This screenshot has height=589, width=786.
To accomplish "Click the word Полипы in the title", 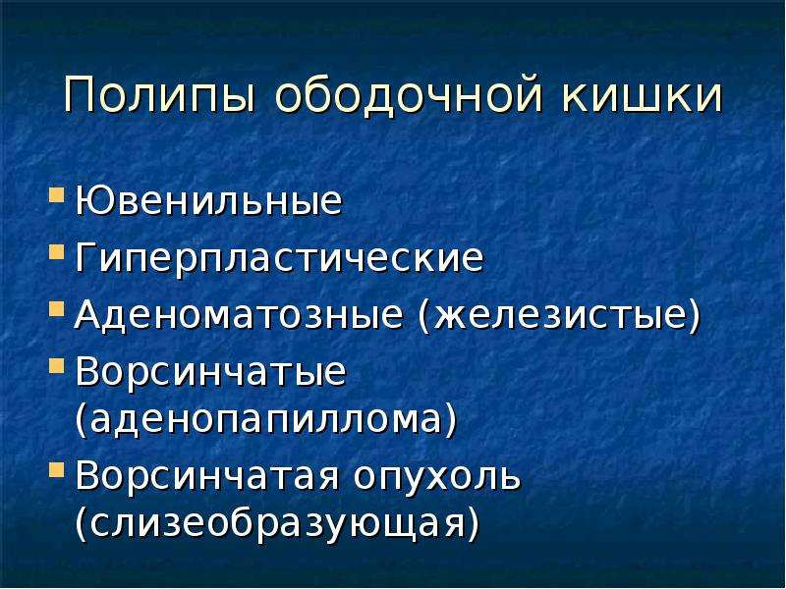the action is tap(160, 94).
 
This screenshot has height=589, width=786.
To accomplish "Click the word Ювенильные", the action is tap(209, 201).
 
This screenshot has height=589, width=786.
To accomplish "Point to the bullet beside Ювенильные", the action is tap(57, 194).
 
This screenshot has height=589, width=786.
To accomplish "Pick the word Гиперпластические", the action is tap(280, 259).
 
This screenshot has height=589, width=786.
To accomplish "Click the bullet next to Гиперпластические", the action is tap(57, 251).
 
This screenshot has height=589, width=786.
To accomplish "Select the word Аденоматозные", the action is tap(239, 316).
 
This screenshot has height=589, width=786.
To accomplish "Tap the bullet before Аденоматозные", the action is tap(57, 308).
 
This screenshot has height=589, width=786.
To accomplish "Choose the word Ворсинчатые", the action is tap(210, 373).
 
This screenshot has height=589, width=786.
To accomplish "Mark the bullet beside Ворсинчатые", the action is tap(57, 365).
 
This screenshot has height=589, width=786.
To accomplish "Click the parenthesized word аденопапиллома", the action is tap(266, 419).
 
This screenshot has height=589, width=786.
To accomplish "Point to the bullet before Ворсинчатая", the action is tap(57, 470).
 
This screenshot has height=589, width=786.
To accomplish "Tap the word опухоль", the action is tap(437, 477).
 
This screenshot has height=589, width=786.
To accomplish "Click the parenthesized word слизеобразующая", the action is tap(277, 524).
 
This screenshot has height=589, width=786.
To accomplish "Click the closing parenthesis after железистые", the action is tap(694, 317).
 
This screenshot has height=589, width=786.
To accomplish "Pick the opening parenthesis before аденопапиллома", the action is tap(82, 419).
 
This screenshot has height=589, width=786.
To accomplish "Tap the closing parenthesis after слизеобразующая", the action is tap(474, 524).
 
